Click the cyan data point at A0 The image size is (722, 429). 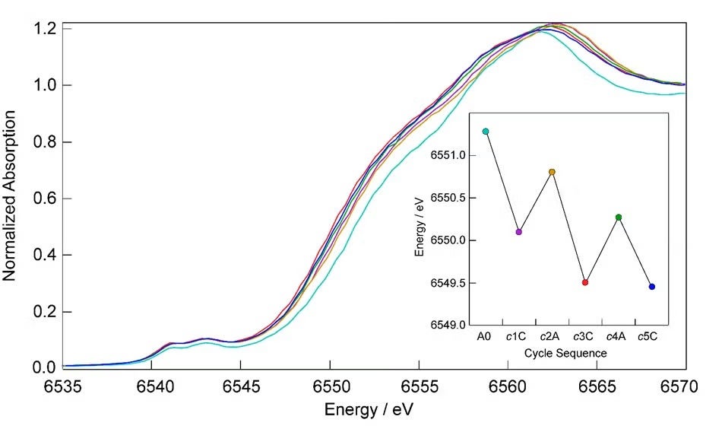[486, 132]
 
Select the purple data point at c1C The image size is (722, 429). [519, 232]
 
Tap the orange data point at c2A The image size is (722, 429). [553, 172]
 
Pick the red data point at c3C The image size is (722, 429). [585, 282]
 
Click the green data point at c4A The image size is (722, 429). [619, 218]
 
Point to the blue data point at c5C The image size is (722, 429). [652, 287]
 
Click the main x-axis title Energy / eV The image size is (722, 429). [370, 409]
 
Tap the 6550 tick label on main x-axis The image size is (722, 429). [330, 386]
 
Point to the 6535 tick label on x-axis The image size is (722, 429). [63, 386]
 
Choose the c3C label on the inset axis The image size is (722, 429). [584, 337]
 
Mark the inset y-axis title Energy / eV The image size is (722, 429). [420, 221]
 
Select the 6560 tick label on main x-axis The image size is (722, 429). [508, 386]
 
